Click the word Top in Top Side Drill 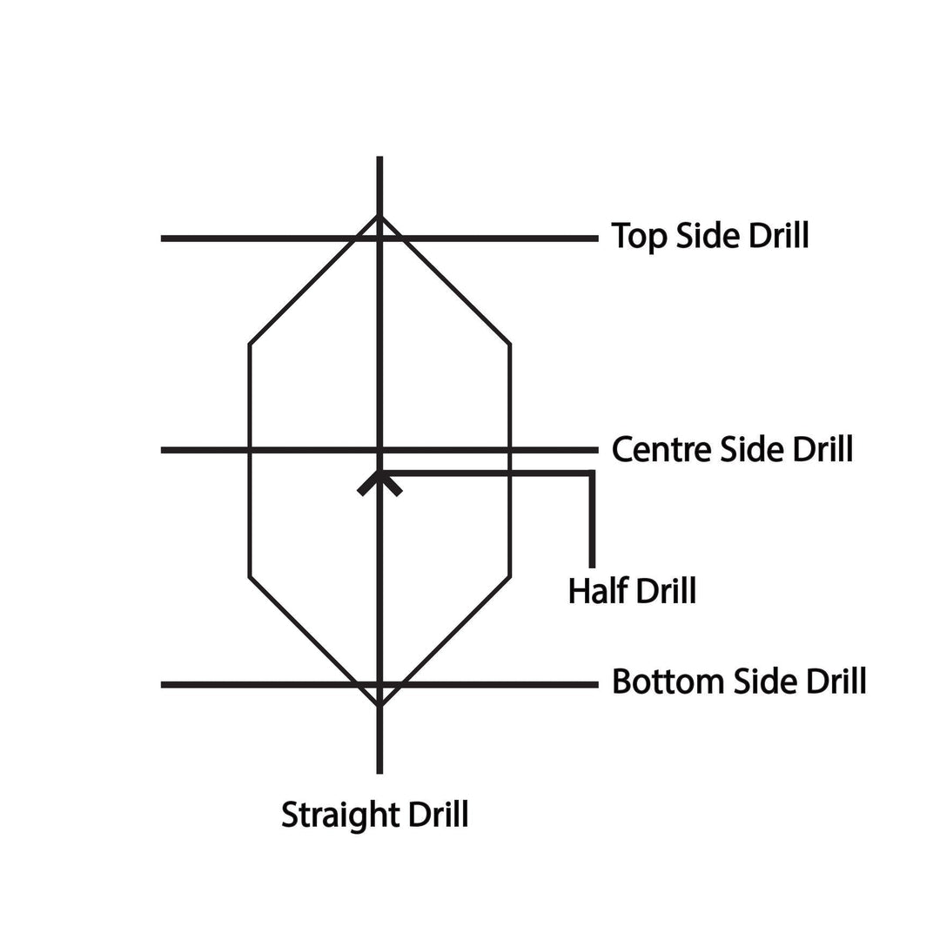coord(639,236)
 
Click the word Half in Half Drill coord(598,590)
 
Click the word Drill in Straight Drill coord(438,815)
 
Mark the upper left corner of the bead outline coord(250,344)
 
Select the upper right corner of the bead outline coord(510,344)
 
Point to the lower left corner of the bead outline coord(250,577)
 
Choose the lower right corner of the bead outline coord(510,577)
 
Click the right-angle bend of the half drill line coord(593,473)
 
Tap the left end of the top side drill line coord(162,238)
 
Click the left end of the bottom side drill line coord(162,685)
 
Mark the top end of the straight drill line coord(379,158)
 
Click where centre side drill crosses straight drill coord(379,450)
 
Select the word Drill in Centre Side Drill coord(822,449)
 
